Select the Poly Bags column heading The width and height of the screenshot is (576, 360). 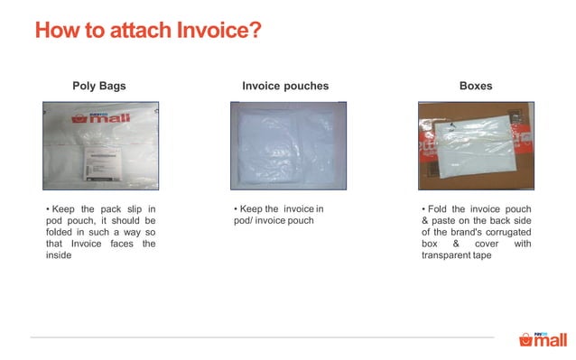99,87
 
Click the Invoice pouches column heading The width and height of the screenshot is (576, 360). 285,87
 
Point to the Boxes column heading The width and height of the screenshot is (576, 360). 476,87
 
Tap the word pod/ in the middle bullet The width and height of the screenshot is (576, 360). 246,221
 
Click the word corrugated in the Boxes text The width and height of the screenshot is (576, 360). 505,232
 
